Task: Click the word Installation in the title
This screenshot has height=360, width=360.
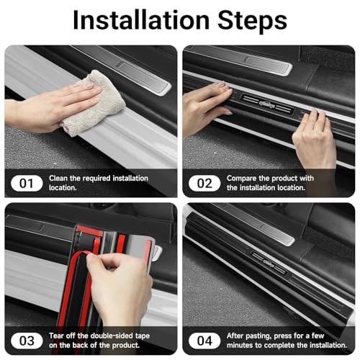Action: pyautogui.click(x=141, y=20)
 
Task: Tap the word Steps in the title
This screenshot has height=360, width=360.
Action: pyautogui.click(x=252, y=21)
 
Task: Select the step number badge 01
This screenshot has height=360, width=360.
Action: pyautogui.click(x=27, y=184)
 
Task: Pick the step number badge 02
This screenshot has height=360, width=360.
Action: pyautogui.click(x=204, y=184)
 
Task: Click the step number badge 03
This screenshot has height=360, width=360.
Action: pyautogui.click(x=27, y=341)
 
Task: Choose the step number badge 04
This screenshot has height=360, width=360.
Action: pyautogui.click(x=204, y=341)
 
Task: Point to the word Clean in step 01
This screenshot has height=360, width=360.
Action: pyautogui.click(x=58, y=179)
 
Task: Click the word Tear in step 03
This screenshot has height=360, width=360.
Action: pyautogui.click(x=57, y=336)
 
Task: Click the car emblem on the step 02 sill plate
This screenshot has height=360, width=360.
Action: pyautogui.click(x=268, y=104)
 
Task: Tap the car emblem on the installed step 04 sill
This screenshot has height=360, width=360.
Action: pyautogui.click(x=269, y=263)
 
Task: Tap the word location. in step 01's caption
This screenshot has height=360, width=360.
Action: pyautogui.click(x=63, y=188)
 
